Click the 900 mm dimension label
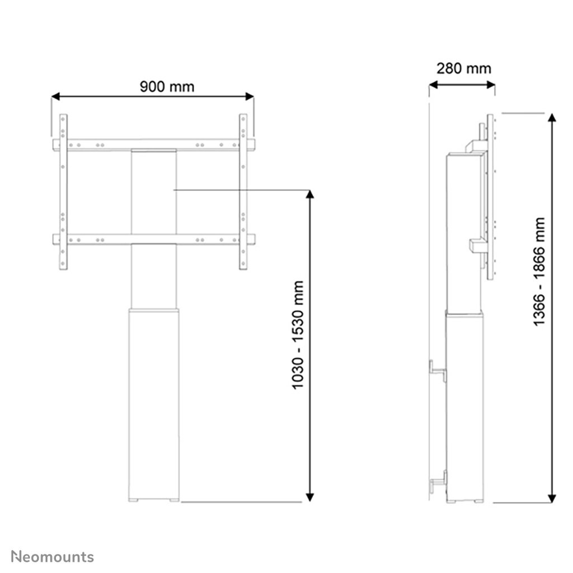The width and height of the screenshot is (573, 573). (x=167, y=87)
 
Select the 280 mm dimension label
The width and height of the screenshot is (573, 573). (x=463, y=68)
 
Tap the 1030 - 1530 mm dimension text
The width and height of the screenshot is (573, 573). (x=298, y=335)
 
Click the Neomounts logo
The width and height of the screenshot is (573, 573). (x=53, y=556)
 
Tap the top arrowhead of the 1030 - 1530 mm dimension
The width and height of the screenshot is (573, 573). (x=311, y=194)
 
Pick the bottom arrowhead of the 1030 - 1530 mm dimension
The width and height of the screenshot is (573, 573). (x=311, y=497)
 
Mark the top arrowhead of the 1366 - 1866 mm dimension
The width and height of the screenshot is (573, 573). (x=552, y=118)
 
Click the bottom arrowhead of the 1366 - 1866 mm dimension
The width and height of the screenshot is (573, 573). (x=552, y=498)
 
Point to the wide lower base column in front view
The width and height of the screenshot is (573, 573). (x=154, y=403)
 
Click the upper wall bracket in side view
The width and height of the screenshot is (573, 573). (x=438, y=370)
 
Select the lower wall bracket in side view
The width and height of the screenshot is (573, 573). (x=438, y=481)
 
